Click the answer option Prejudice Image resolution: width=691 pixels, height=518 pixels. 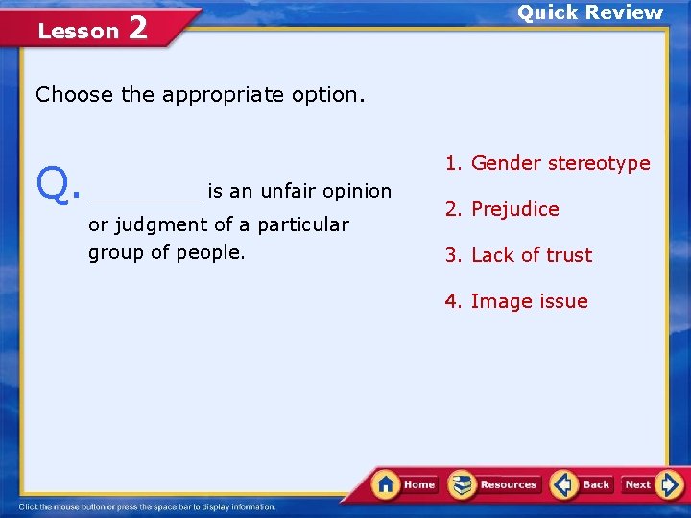pyautogui.click(x=514, y=209)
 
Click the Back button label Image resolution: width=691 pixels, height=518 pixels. pyautogui.click(x=596, y=484)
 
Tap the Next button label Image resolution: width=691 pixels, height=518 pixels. pyautogui.click(x=638, y=484)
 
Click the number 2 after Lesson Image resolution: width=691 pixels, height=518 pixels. pyautogui.click(x=137, y=28)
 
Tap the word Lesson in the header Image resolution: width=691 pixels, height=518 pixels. pyautogui.click(x=78, y=31)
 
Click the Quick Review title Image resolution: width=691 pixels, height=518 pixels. pyautogui.click(x=590, y=12)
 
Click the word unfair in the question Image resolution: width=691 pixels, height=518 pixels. pyautogui.click(x=286, y=191)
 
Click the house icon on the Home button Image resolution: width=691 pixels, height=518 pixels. pyautogui.click(x=386, y=483)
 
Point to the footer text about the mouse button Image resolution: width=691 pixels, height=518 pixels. pyautogui.click(x=147, y=506)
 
